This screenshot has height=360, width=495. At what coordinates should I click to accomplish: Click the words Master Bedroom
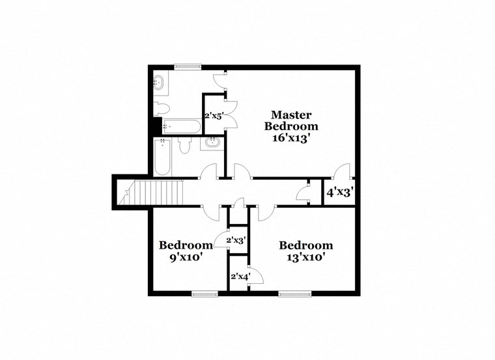(290, 120)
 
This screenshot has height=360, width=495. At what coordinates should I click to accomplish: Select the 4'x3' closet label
(339, 192)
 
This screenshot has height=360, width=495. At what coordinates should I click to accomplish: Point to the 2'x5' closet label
(214, 116)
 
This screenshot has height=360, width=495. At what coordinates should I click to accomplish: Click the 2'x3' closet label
(235, 240)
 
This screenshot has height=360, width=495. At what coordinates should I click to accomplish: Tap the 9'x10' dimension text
(186, 256)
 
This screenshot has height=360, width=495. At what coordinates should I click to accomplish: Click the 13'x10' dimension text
(305, 256)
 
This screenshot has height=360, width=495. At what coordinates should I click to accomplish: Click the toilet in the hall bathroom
(184, 146)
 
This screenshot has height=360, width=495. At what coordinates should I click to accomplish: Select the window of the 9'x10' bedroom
(205, 294)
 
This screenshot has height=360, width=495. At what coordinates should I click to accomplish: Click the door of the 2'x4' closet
(256, 275)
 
